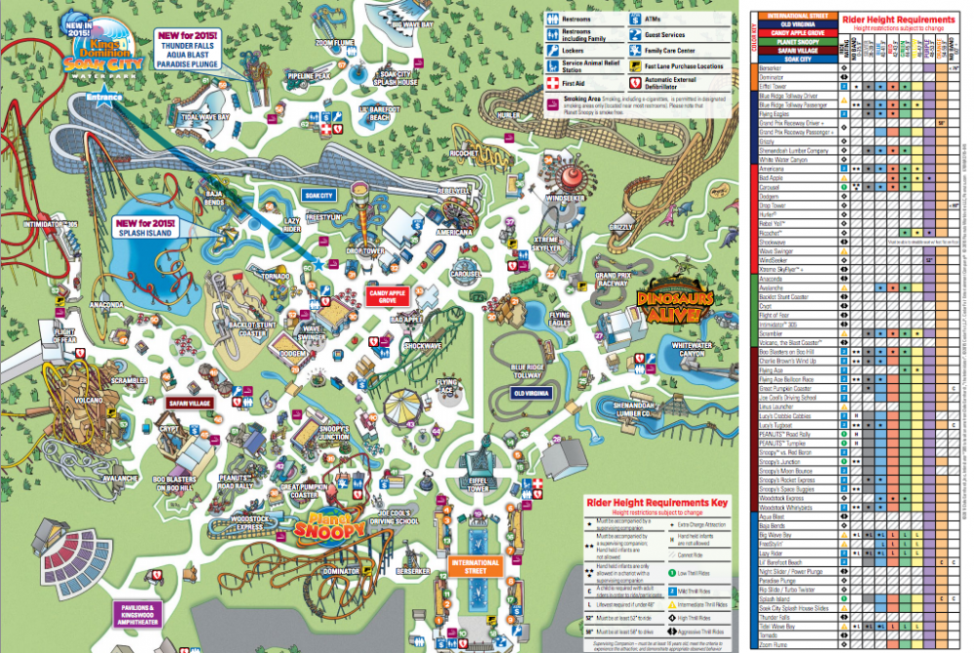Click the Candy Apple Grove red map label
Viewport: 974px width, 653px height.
tap(386, 293)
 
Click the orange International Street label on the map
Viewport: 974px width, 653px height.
tap(475, 566)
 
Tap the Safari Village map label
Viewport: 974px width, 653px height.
tap(189, 403)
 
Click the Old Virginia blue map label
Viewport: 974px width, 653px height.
tap(531, 393)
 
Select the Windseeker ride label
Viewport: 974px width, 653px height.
tap(566, 198)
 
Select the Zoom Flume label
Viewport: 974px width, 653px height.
tap(334, 43)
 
